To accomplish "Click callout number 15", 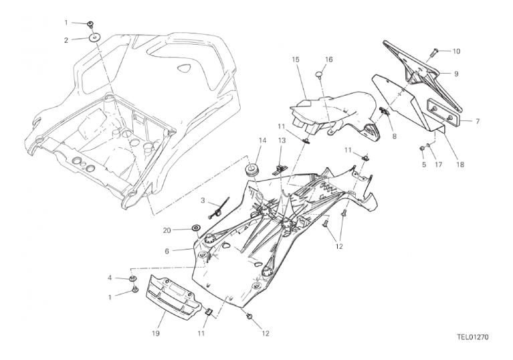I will (295, 60).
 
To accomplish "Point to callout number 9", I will (456, 73).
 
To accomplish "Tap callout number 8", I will (394, 135).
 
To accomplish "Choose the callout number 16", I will (329, 60).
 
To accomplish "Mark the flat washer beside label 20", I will (197, 228).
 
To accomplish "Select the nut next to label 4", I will (132, 276).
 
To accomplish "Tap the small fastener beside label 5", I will (421, 148).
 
